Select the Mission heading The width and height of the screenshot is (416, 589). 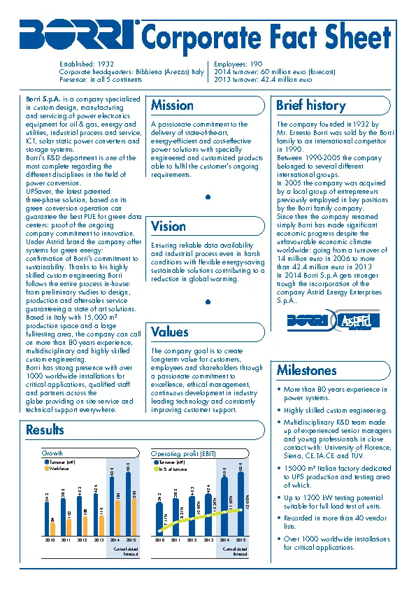172,106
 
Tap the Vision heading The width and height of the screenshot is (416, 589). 168,227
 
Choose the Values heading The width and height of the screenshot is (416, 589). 170,332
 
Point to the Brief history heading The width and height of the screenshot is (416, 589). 310,106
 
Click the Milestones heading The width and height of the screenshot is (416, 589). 306,371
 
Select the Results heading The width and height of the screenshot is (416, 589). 45,430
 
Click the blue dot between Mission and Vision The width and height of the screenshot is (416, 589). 208,197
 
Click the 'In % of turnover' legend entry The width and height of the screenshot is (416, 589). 171,469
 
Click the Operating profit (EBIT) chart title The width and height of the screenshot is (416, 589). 183,454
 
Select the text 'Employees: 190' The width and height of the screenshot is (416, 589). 238,64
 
